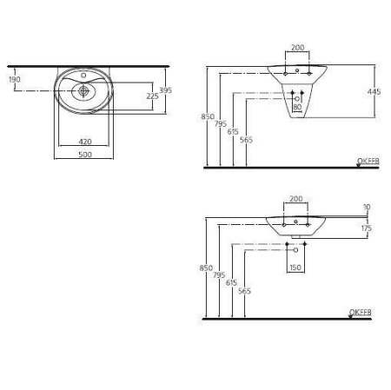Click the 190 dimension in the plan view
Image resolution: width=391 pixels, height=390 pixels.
click(14, 80)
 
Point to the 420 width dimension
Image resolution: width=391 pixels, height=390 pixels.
click(85, 141)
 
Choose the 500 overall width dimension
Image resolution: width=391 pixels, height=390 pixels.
click(85, 156)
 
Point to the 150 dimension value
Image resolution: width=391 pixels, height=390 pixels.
click(297, 268)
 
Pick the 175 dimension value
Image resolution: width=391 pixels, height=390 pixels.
click(366, 228)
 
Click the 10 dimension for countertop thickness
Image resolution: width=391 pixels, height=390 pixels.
click(367, 208)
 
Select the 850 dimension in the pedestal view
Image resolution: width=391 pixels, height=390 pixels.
click(206, 116)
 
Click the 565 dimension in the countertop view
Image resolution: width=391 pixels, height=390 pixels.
click(248, 293)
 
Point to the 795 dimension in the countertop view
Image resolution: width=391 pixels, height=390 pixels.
click(219, 275)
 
